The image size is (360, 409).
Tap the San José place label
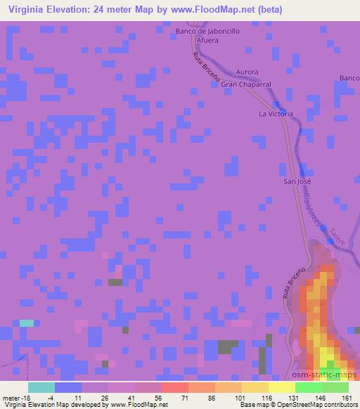(297, 181)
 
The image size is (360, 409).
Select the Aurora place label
(247, 72)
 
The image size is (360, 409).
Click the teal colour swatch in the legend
(41, 387)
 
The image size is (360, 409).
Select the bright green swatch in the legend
(309, 387)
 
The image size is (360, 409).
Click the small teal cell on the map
(26, 323)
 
